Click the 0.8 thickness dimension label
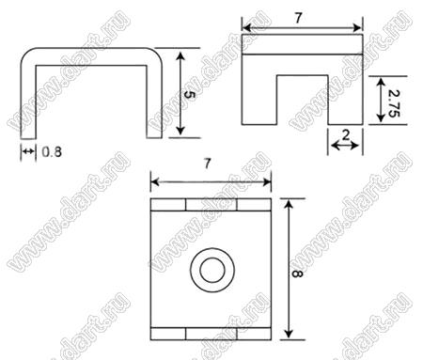tap(52, 152)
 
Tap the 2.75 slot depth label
tap(394, 103)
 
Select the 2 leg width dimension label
tap(346, 135)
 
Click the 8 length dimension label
tap(297, 274)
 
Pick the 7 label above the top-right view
tap(298, 18)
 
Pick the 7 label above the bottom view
tap(207, 164)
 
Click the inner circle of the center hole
tap(212, 271)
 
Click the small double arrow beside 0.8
tap(28, 151)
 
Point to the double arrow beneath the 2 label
tap(345, 146)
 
